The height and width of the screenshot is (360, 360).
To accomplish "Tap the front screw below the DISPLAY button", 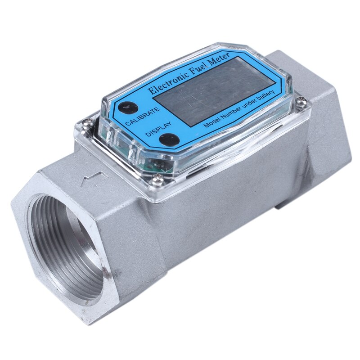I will click(x=157, y=180).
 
